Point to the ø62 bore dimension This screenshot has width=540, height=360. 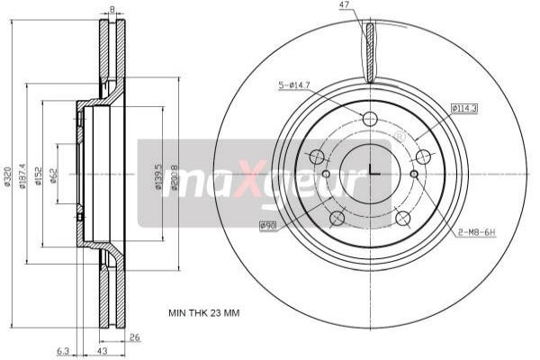coord(55,176)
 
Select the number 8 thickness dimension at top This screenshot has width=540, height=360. coord(112,10)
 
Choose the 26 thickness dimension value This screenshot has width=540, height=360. coord(136,339)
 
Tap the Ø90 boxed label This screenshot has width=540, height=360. coord(267,224)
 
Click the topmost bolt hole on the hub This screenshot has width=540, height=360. coord(370,119)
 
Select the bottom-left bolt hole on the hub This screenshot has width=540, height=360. coord(337,218)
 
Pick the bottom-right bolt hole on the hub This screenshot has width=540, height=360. coord(403,218)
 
